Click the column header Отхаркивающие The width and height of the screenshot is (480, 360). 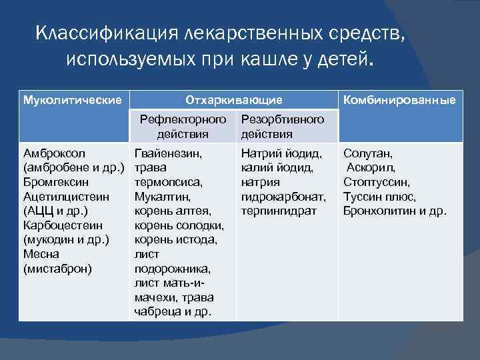(x=233, y=100)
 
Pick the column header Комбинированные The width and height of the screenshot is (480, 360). (x=399, y=100)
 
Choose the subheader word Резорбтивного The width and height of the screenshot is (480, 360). (x=283, y=119)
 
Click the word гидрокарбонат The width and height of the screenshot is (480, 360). (x=283, y=197)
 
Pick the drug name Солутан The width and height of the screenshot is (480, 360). (x=368, y=153)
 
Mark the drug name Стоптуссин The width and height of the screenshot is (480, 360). (x=377, y=182)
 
